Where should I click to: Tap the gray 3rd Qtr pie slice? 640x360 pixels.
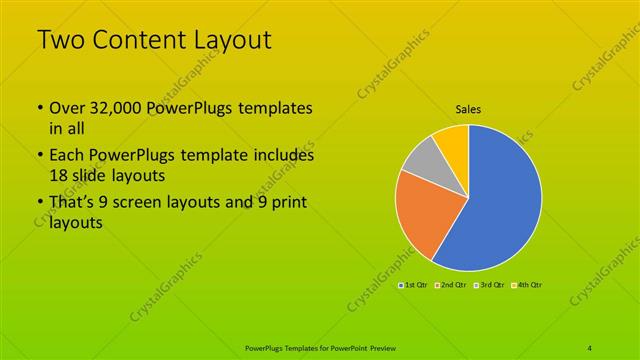424,160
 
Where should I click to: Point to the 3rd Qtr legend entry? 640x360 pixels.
489,286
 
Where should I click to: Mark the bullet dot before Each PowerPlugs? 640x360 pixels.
39,156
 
